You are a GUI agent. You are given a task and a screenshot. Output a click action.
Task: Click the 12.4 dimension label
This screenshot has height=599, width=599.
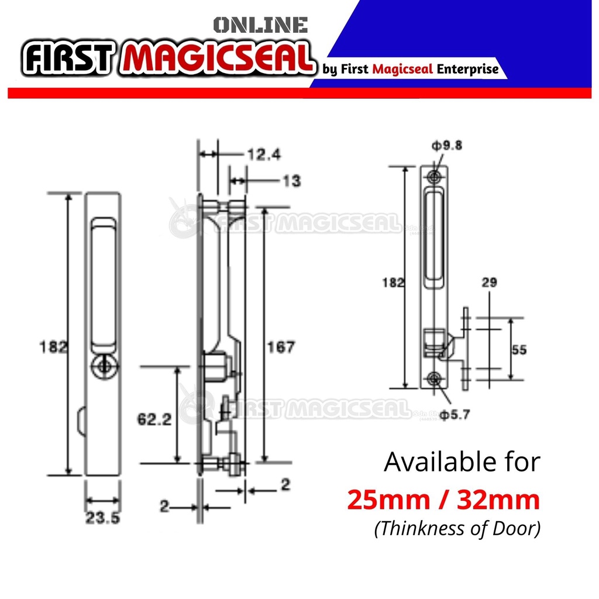click(x=264, y=154)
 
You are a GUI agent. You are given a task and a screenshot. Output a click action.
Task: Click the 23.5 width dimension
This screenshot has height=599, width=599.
click(x=103, y=518)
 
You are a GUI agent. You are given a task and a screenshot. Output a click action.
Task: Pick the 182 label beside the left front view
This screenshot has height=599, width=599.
click(x=54, y=346)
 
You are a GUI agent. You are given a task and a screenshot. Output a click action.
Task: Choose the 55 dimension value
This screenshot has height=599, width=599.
click(x=519, y=350)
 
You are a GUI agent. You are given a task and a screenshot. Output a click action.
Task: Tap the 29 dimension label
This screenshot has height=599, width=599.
click(x=490, y=283)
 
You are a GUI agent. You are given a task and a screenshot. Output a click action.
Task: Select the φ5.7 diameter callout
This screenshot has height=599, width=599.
click(x=455, y=415)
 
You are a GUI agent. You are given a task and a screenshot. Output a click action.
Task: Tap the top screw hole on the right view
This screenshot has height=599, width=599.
click(x=433, y=177)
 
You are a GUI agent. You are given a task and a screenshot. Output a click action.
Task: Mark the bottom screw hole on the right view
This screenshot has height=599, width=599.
click(x=433, y=378)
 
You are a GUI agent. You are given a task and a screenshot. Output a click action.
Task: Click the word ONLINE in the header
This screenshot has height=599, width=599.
click(x=260, y=25)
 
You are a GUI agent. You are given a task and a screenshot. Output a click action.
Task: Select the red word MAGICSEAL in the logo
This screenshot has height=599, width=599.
click(x=218, y=58)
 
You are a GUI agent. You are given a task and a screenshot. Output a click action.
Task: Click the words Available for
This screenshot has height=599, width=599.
click(x=462, y=462)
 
